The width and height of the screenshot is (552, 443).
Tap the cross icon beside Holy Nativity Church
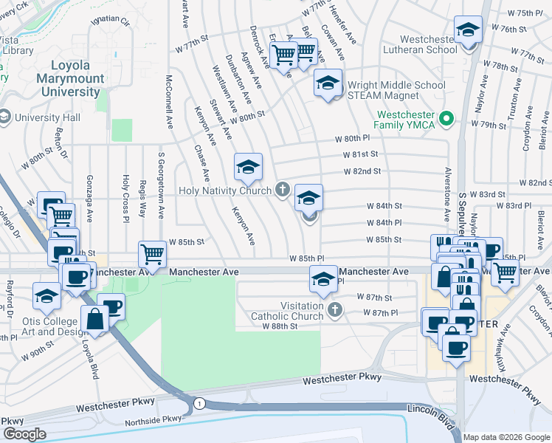(x=281, y=190)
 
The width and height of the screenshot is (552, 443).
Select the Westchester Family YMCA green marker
(x=446, y=118)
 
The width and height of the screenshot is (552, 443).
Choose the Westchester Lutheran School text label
(x=438, y=45)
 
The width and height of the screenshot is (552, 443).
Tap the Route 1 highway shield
(x=199, y=403)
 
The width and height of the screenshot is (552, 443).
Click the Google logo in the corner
(x=24, y=434)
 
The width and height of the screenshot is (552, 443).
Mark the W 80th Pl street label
(x=351, y=139)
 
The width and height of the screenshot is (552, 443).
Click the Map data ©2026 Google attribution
(x=506, y=437)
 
